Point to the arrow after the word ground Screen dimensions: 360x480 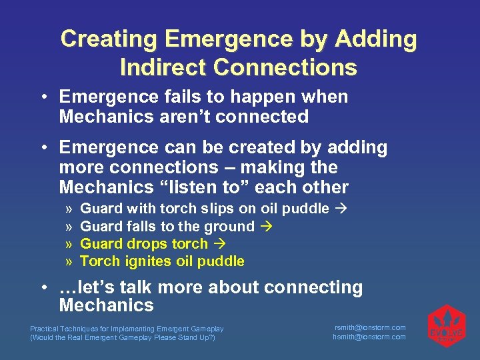point(266,227)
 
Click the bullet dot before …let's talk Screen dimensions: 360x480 point(43,288)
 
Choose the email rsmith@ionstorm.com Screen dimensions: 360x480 point(369,327)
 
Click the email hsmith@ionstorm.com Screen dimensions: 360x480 point(369,337)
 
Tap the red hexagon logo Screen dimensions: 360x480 point(445,326)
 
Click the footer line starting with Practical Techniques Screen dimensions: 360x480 point(127,329)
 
